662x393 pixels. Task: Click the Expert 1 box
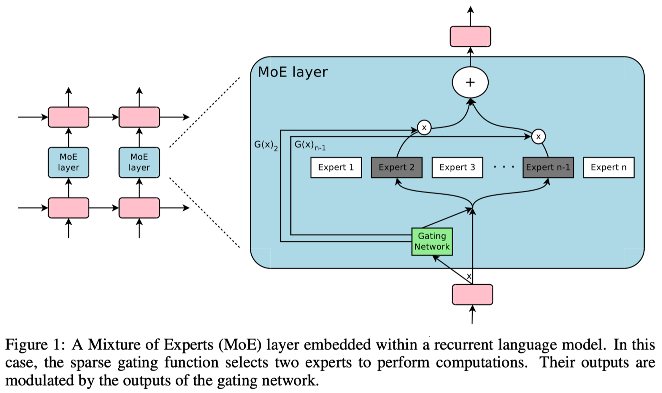pos(336,167)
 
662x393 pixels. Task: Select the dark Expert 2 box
pos(397,167)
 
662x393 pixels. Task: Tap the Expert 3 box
pos(457,167)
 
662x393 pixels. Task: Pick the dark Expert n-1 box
pos(548,167)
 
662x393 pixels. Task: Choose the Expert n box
pos(609,167)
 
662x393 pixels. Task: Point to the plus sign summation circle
pos(470,82)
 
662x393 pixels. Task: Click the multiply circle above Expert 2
pos(424,128)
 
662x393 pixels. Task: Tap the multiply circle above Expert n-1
pos(538,137)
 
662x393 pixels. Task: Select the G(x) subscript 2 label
pos(266,145)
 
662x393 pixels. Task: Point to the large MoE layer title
pos(293,72)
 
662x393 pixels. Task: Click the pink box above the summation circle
pos(470,36)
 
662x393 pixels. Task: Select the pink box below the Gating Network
pos(472,295)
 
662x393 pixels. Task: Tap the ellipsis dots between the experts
pos(504,167)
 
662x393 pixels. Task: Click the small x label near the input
pos(469,276)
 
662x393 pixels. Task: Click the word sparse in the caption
pos(90,363)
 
